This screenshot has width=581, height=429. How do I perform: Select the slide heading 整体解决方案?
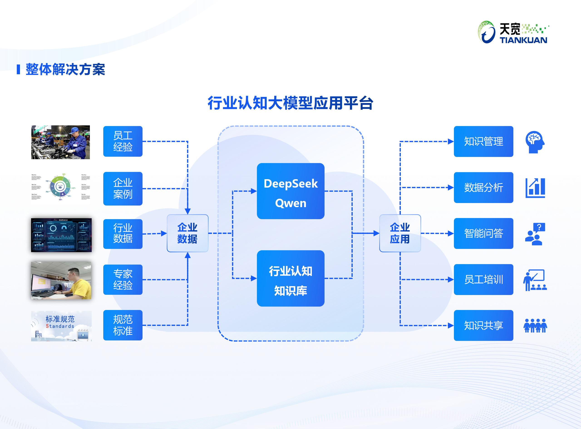[65, 69]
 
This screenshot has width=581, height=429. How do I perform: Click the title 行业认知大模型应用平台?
[290, 103]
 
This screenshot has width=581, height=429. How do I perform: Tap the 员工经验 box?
[123, 141]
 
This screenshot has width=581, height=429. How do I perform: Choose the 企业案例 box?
[123, 188]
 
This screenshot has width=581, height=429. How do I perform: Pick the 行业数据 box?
[123, 234]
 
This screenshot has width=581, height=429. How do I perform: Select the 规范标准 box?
[123, 325]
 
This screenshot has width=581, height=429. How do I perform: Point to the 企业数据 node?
[187, 233]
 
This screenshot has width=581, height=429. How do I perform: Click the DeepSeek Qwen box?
[290, 191]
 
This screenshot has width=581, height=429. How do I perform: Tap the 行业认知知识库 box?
[290, 278]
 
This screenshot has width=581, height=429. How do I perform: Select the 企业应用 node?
[400, 233]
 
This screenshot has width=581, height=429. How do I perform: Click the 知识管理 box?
[483, 141]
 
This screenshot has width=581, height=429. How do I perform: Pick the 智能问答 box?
[483, 233]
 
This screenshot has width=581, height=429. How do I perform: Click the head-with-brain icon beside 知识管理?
[534, 142]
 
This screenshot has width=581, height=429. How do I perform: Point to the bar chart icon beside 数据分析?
[535, 188]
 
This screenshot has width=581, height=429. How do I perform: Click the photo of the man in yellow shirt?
[61, 280]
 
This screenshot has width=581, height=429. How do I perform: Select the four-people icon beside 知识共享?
[535, 326]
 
